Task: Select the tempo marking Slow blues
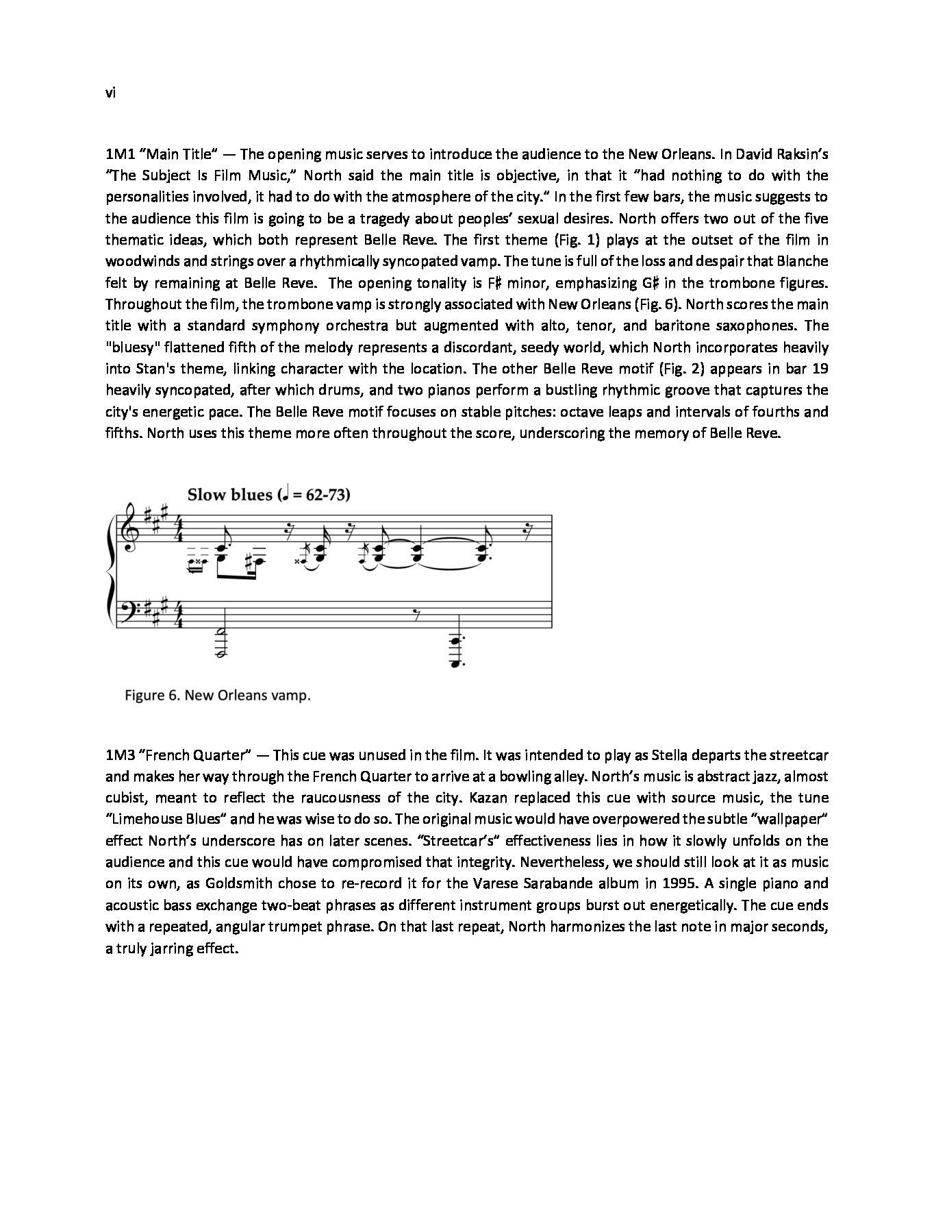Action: coord(229,495)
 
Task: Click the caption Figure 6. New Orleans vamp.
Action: coord(218,696)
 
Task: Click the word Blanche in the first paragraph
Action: coord(803,261)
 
